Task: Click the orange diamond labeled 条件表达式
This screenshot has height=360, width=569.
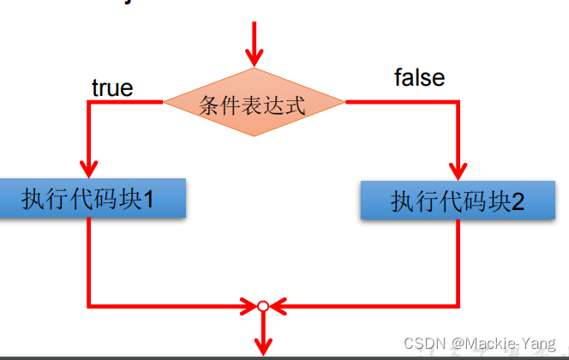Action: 254,103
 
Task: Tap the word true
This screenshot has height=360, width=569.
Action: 112,87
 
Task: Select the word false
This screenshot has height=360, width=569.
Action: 419,78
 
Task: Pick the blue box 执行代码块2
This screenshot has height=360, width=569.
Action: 458,201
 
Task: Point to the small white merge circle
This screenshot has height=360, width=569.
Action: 263,305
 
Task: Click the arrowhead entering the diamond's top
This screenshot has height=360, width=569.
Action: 254,57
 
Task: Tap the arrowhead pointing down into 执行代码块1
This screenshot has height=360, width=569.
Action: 88,168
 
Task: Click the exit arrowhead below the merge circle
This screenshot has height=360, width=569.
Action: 263,346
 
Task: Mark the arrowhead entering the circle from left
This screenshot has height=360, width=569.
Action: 248,305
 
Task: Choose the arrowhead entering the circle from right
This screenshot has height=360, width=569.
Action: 279,305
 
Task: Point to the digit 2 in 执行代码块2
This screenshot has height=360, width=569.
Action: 517,202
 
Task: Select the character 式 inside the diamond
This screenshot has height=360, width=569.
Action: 296,105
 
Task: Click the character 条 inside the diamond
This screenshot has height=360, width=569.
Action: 209,105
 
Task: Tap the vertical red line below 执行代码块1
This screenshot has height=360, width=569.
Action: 88,257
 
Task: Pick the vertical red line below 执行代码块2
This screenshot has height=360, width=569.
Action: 459,257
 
